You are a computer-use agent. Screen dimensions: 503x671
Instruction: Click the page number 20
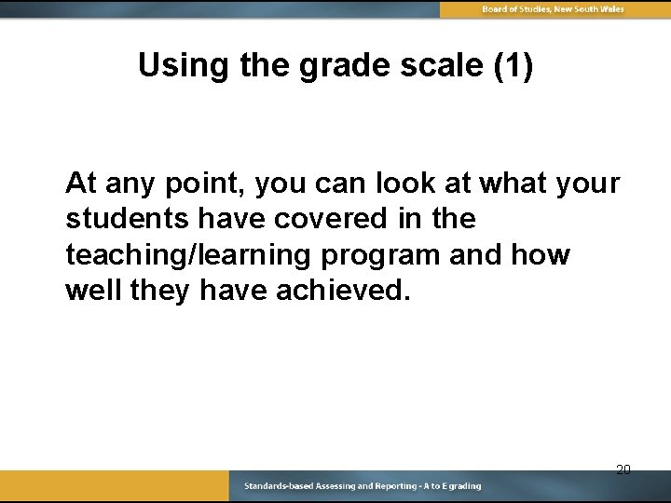623,469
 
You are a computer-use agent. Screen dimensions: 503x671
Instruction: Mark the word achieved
342,291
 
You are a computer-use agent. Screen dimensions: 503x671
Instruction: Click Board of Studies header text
517,9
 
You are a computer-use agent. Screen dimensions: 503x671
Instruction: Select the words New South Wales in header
589,9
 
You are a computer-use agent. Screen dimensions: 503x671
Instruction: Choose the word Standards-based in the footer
278,486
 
